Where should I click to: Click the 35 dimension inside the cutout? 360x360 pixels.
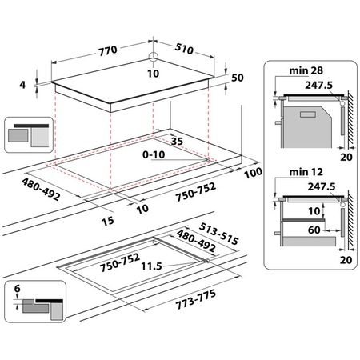(x=177, y=141)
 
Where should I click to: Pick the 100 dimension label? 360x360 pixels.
(x=254, y=173)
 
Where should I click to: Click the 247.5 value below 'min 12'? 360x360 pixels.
(x=319, y=186)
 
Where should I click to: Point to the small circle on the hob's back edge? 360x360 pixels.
(x=152, y=56)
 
